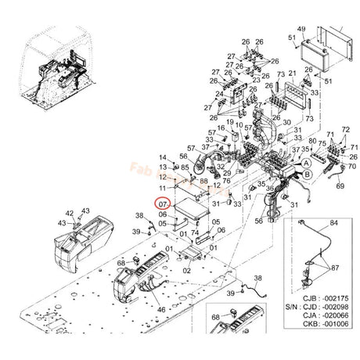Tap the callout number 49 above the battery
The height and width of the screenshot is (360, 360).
tap(301, 29)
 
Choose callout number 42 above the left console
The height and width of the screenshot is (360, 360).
tap(70, 212)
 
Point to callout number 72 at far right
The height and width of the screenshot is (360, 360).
tap(347, 128)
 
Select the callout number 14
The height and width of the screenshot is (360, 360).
tap(163, 158)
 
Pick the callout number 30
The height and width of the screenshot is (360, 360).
tap(286, 122)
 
